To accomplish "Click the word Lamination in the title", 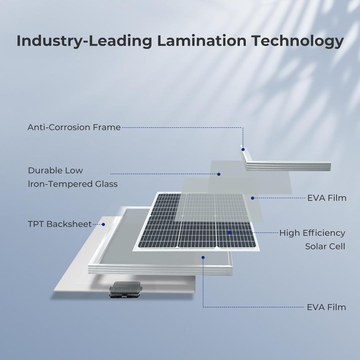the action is click(202, 41).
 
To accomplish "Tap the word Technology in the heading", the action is click(297, 41).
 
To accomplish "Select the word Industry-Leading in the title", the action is click(84, 41).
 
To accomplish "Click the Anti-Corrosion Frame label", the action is click(74, 127).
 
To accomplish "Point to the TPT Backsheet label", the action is click(60, 224).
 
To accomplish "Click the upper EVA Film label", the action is click(327, 198).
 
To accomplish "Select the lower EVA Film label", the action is click(326, 307).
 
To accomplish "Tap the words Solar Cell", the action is click(325, 246).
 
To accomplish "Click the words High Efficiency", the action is click(312, 233).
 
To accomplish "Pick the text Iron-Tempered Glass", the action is click(73, 184).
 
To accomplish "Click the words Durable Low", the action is click(55, 170).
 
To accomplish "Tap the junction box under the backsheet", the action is click(126, 289).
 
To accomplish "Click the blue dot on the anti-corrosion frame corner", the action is click(243, 149).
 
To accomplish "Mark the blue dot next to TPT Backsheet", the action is click(103, 224).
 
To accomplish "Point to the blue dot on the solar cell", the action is click(229, 233).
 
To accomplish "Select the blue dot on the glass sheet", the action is click(219, 174).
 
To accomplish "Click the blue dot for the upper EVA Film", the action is click(253, 198).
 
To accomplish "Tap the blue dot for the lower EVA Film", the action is click(203, 258).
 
